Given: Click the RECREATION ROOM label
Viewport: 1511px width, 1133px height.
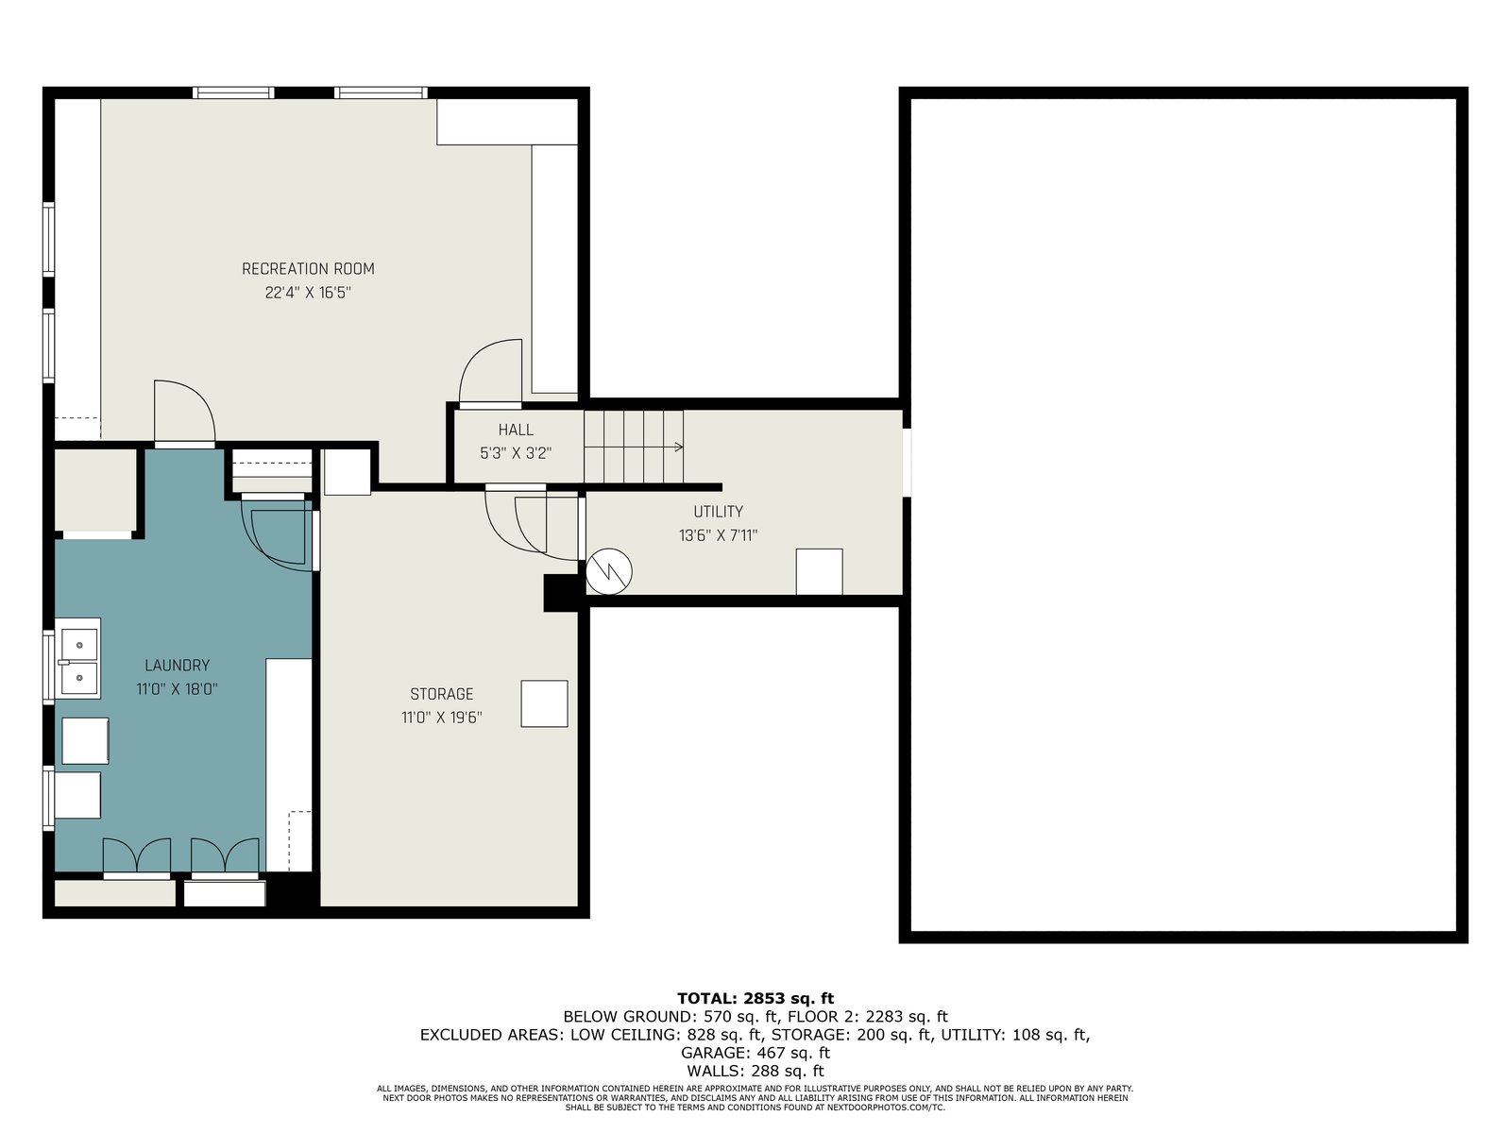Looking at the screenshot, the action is tap(308, 269).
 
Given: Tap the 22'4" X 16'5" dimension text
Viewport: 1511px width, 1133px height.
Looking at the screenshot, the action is tap(308, 293).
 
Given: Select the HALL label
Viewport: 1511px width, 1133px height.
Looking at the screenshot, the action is tap(516, 430).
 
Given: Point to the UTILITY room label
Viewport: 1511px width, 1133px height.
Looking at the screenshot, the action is tap(718, 512).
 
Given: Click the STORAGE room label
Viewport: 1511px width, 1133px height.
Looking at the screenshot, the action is tap(441, 694).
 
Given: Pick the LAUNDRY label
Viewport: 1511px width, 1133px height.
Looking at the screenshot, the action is tap(177, 666).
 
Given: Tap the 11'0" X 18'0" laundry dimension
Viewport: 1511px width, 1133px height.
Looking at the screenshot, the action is tap(177, 689).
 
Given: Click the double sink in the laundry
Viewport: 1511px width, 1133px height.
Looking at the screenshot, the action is tap(77, 658).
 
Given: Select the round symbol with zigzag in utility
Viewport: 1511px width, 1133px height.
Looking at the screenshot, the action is tap(608, 571).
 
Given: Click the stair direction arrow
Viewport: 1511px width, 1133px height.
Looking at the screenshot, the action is tap(634, 448).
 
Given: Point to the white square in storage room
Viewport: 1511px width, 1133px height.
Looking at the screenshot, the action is tap(545, 703).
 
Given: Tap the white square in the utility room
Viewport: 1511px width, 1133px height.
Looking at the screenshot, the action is tap(819, 571).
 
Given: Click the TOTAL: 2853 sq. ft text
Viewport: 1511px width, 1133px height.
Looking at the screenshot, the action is tap(755, 998).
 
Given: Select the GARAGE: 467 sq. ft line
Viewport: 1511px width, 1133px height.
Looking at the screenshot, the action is tap(755, 1053).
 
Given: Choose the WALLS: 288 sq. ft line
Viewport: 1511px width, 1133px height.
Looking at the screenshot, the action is tap(755, 1071).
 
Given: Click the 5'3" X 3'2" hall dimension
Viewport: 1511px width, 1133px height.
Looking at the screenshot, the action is tap(516, 454).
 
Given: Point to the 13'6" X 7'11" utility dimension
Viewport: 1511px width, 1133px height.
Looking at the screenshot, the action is tap(718, 536).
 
